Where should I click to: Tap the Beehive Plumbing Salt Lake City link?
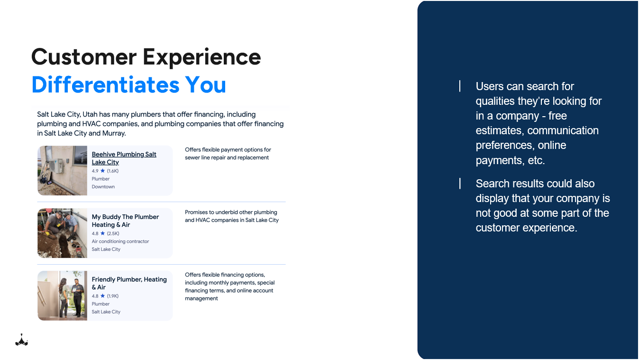[x=124, y=158]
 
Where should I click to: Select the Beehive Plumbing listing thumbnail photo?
[x=62, y=170]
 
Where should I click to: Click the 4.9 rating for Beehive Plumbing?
[x=95, y=171]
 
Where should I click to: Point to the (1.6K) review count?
[x=112, y=171]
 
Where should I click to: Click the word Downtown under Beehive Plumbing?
[x=103, y=186]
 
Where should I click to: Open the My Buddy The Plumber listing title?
[x=125, y=221]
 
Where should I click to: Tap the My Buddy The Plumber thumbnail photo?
[x=62, y=233]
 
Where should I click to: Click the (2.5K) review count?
[x=113, y=233]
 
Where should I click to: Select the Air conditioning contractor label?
[x=120, y=241]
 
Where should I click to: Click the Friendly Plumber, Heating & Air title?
[x=129, y=283]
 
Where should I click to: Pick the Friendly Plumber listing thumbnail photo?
[x=62, y=295]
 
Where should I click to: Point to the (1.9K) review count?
[x=112, y=296]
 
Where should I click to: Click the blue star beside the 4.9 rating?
[x=102, y=171]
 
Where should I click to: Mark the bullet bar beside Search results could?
[x=460, y=184]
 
